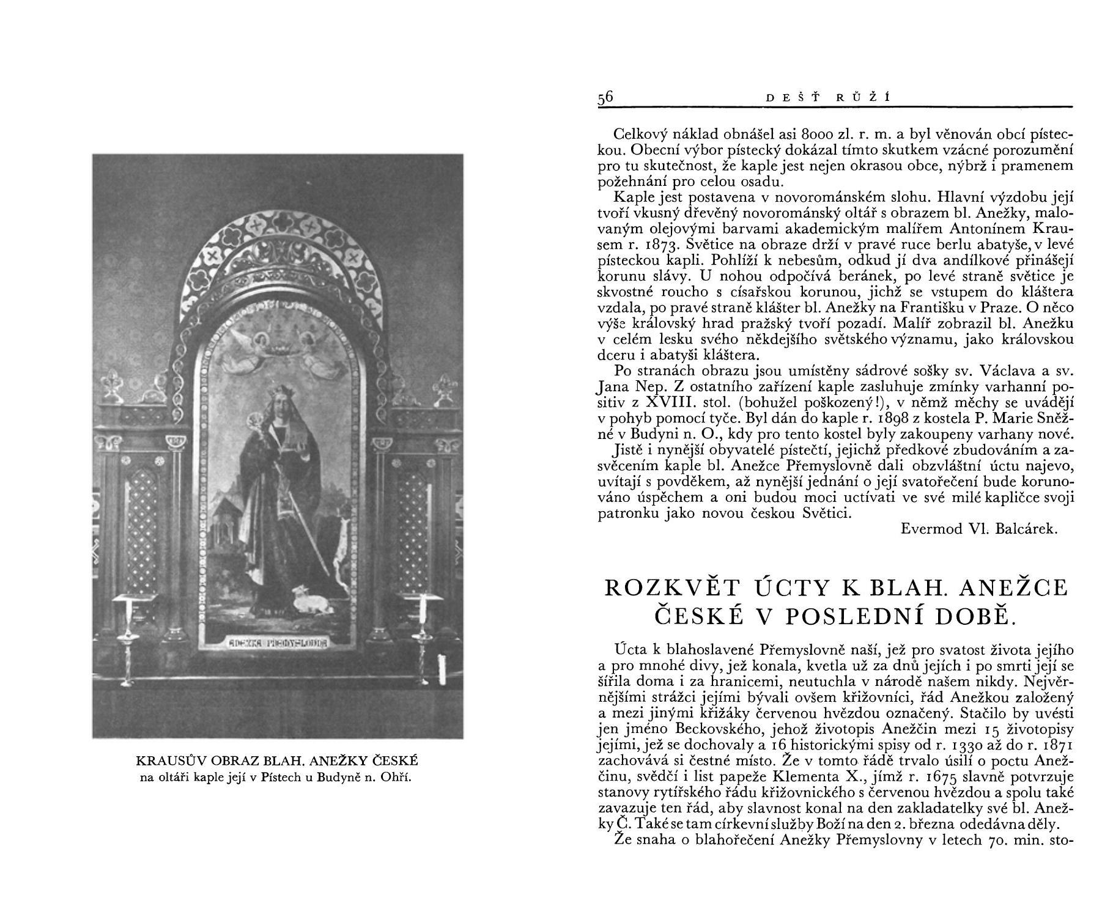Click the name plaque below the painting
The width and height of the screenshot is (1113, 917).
point(279,643)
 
